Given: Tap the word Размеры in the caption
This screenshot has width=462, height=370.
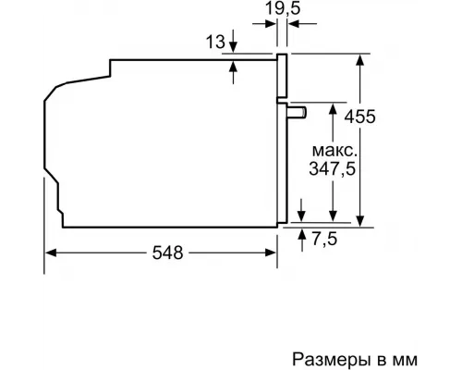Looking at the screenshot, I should coord(325,356).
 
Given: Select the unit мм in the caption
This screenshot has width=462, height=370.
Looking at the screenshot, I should coord(420,356).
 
